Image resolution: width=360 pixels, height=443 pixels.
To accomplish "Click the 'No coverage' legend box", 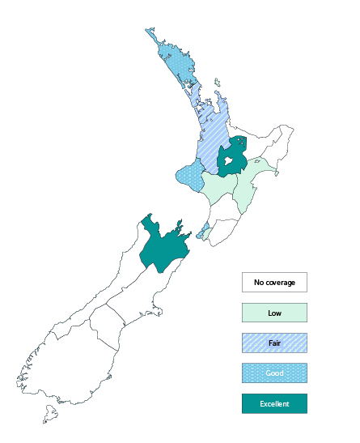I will (x=274, y=283).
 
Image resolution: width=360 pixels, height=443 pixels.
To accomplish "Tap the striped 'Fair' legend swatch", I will (x=274, y=343).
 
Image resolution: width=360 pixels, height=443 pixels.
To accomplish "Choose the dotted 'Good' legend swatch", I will (x=274, y=373).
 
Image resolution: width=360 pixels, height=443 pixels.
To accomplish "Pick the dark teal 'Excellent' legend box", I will (x=274, y=403).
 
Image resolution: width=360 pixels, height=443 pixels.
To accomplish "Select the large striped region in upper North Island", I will (x=212, y=142).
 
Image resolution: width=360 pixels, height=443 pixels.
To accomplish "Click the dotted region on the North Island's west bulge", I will (x=190, y=173).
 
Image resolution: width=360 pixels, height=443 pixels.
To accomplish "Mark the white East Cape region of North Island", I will (x=267, y=142).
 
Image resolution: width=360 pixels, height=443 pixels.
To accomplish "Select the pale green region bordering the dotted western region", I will (x=217, y=189).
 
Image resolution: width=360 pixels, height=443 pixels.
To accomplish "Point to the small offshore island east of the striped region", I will (x=218, y=81).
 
